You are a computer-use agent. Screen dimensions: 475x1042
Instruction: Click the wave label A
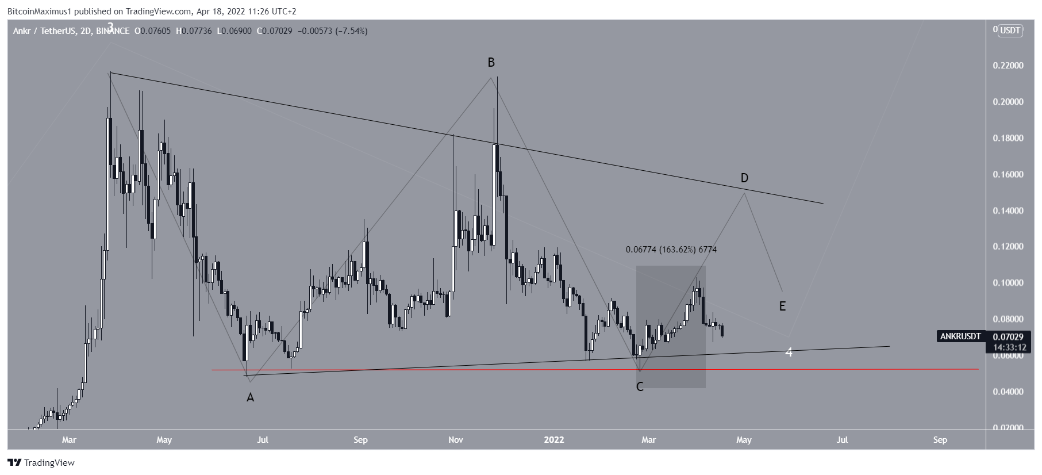click(250, 397)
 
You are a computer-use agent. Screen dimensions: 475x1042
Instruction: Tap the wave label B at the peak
click(491, 62)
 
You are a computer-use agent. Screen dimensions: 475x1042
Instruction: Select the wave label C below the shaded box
click(640, 387)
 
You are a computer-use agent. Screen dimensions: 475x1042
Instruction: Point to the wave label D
click(744, 178)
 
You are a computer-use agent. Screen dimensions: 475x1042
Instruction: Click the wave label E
click(782, 306)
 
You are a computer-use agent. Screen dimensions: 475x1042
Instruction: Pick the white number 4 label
click(789, 352)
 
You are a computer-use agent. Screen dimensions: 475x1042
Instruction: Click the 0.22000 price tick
click(1008, 66)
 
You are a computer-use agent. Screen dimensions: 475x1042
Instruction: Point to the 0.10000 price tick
click(1008, 283)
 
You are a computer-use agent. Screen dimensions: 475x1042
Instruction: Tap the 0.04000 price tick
click(1008, 392)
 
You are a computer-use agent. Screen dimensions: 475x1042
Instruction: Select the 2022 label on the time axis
click(554, 440)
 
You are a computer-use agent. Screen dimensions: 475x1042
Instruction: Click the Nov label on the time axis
click(456, 440)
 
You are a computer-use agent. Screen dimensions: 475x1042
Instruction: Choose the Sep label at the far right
click(940, 440)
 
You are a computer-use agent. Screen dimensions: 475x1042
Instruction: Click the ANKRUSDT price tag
click(960, 336)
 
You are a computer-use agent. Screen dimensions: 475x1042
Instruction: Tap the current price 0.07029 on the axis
click(1010, 336)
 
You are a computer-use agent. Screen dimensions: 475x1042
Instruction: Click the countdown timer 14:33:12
click(1010, 347)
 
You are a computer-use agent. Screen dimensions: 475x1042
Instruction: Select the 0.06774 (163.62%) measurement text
click(671, 250)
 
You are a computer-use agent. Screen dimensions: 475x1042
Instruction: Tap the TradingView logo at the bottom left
click(41, 462)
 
